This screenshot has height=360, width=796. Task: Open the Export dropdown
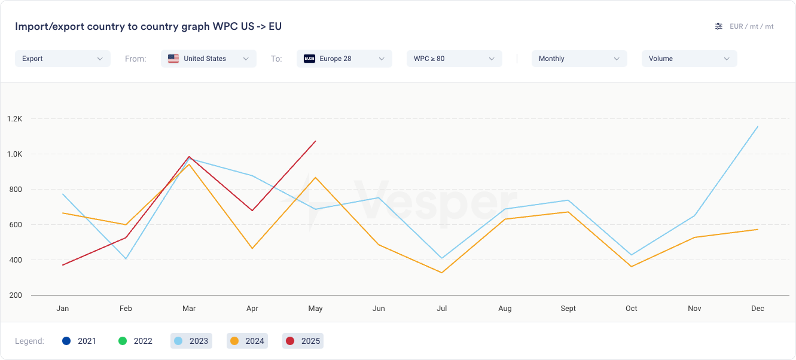pos(62,59)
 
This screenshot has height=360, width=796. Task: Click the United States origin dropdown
pos(208,59)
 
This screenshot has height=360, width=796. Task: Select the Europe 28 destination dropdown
pos(344,59)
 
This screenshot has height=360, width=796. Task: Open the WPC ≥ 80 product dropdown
pos(454,59)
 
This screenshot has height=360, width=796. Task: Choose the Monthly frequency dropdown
pos(579,59)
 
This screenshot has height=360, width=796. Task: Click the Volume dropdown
pos(689,59)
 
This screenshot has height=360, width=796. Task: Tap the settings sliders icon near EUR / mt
pos(719,26)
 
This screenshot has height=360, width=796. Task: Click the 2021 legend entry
pos(79,341)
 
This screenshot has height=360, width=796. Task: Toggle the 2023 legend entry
pos(191,341)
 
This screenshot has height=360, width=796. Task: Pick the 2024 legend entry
pos(247,341)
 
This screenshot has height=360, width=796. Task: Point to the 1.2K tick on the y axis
pos(14,119)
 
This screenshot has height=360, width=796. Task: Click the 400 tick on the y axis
pos(14,260)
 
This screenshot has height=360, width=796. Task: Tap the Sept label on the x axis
pos(568,309)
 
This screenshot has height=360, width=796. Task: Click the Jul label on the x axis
pos(442,309)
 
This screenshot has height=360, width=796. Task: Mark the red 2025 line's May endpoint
pos(315,142)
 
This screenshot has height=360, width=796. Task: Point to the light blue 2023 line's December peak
pos(758,126)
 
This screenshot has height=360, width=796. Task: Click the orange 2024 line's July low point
pos(442,273)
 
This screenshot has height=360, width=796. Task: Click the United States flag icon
pos(173,59)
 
